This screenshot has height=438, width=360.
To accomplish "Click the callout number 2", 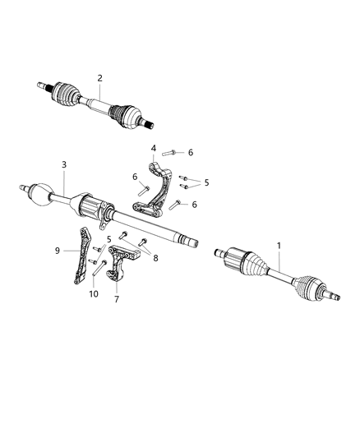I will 100,78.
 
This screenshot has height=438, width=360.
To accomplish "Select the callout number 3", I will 63,165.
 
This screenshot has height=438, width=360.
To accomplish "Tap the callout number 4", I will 153,148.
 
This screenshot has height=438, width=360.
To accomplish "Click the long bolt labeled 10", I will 100,267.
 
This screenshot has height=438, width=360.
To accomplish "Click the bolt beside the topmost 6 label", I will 170,152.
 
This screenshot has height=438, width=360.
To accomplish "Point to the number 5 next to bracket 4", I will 206,182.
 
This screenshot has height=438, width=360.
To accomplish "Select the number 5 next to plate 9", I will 108,239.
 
